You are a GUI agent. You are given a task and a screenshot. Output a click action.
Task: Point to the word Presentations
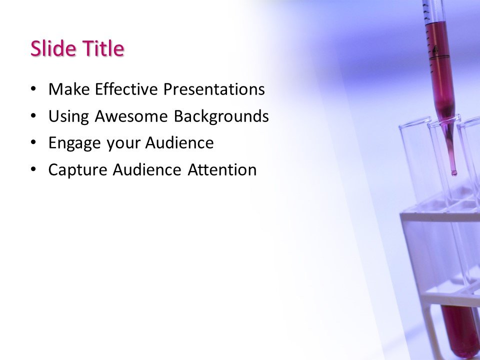pos(214,89)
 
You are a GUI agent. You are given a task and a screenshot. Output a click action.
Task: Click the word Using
pos(68,116)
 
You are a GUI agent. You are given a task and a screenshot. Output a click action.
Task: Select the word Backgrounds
pos(221,116)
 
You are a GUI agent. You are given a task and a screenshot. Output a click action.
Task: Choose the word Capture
pos(77,170)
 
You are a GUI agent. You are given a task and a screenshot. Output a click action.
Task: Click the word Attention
pos(222,170)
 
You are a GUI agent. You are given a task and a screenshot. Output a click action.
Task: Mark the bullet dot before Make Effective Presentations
pos(33,89)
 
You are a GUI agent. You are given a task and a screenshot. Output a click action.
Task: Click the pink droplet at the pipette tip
pos(454,173)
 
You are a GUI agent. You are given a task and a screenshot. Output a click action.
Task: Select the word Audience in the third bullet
pos(179,143)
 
